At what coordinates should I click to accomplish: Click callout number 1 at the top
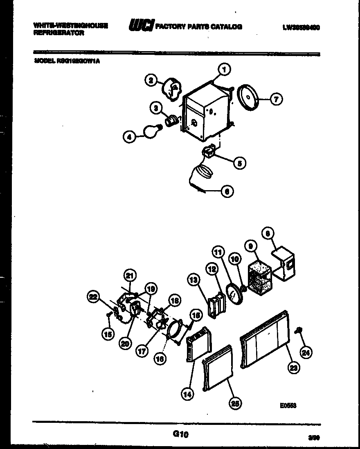click(224, 70)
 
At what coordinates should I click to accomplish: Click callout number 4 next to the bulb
click(129, 138)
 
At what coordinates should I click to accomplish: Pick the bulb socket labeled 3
click(172, 120)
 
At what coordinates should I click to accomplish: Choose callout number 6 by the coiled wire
click(227, 191)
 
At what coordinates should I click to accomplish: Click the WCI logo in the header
click(141, 27)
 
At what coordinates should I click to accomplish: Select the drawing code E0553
click(288, 406)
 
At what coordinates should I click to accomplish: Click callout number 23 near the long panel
click(293, 368)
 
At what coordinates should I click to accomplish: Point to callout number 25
click(235, 403)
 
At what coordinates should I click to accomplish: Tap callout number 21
click(130, 276)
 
